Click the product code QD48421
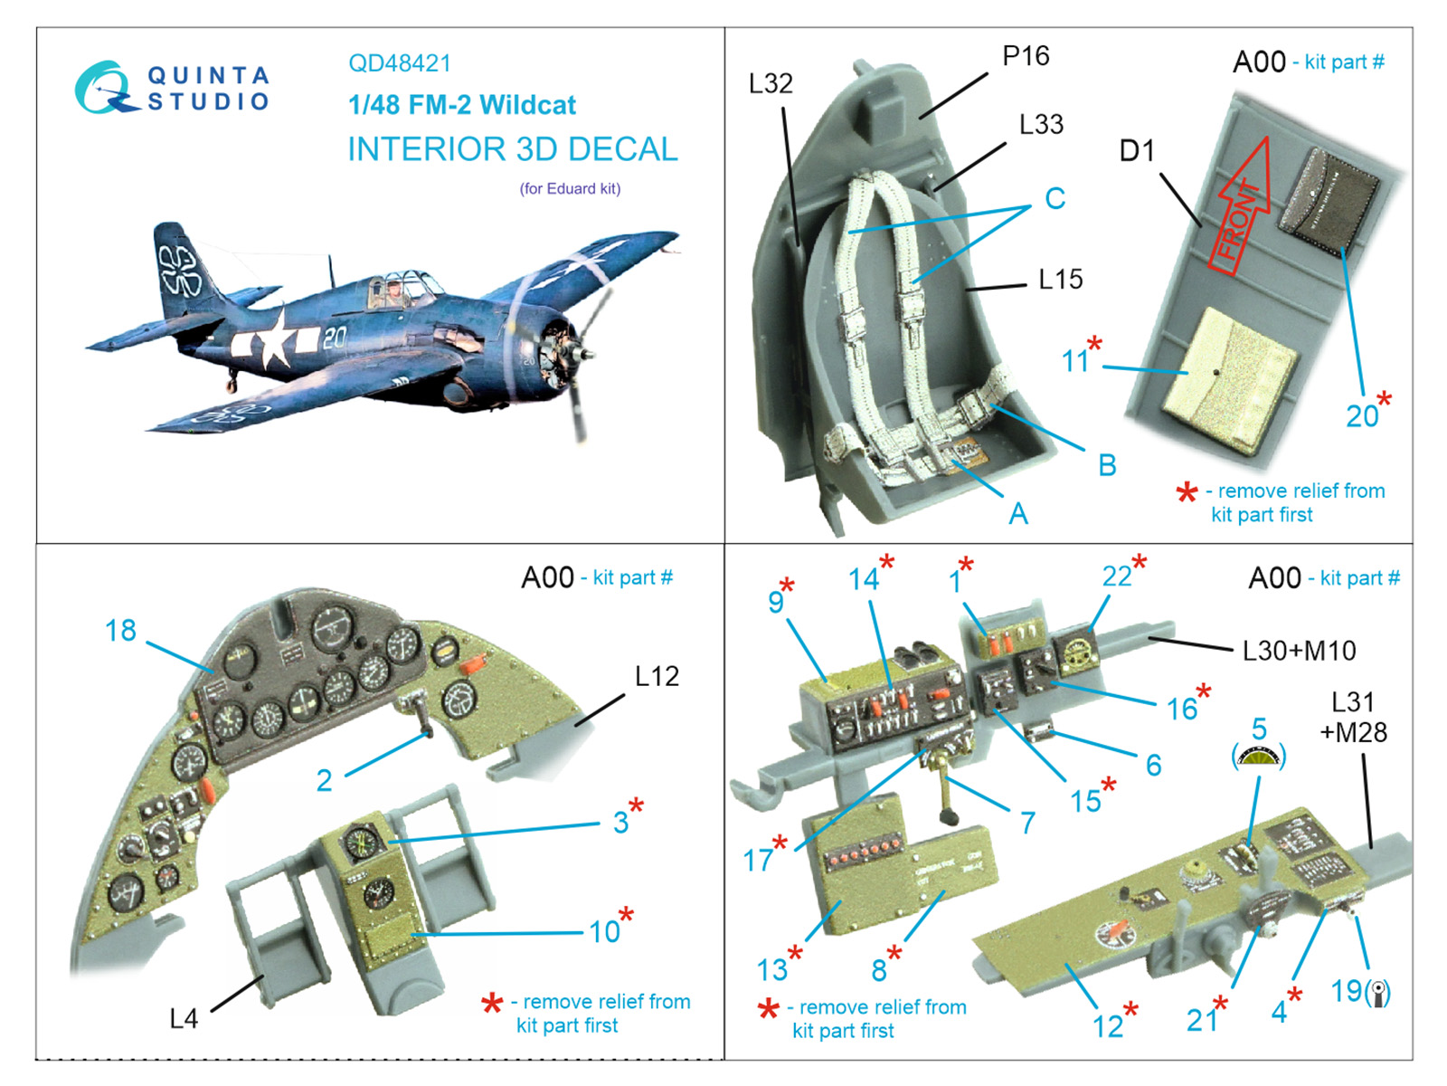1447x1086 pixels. click(x=399, y=63)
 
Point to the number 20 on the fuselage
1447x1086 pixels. click(x=334, y=338)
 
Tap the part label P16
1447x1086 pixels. click(x=1025, y=56)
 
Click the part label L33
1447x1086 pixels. click(x=1041, y=124)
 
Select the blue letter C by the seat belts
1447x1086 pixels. click(x=1055, y=198)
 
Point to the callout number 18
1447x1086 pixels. click(x=120, y=631)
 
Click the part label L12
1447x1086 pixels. click(x=657, y=676)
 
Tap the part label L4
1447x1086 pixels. click(x=183, y=1019)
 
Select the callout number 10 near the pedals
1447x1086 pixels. click(x=604, y=931)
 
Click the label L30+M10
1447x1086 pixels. click(x=1299, y=651)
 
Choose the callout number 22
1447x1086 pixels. click(x=1117, y=576)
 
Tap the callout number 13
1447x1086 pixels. click(x=771, y=970)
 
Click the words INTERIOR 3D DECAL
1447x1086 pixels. click(x=512, y=149)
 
